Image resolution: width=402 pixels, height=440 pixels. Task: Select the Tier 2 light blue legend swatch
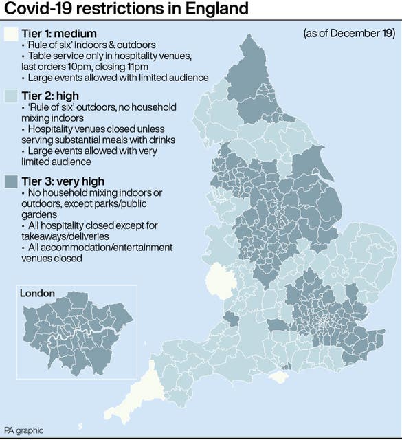click(10, 96)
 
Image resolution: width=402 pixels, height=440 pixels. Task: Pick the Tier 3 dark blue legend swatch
click(10, 181)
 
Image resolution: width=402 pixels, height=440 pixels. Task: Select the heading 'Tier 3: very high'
click(65, 181)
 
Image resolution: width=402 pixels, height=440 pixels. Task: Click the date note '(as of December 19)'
click(349, 33)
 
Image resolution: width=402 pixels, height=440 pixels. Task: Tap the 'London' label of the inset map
click(37, 293)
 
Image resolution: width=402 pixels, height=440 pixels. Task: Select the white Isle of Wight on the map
click(278, 377)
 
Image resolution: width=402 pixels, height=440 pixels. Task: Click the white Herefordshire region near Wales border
click(221, 279)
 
